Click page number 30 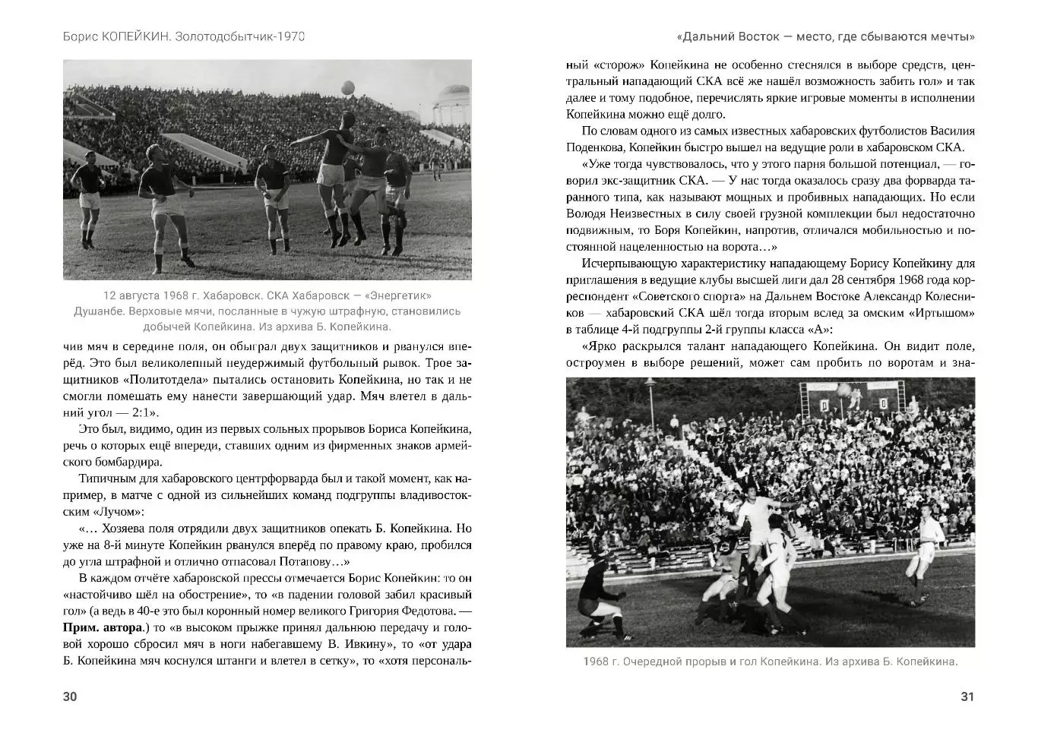pos(70,696)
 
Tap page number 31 pos(967,696)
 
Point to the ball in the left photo pos(348,88)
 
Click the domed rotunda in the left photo pos(454,102)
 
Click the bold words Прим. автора pos(103,627)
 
